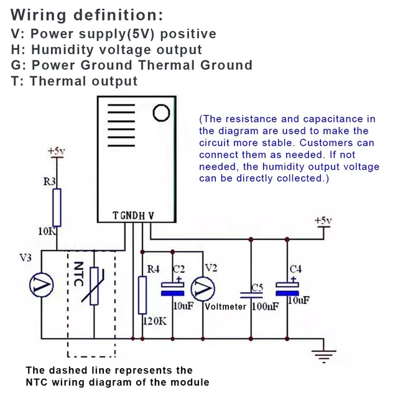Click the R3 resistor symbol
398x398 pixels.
click(x=57, y=207)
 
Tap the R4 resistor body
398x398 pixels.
click(x=142, y=295)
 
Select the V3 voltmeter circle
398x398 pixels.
click(x=42, y=285)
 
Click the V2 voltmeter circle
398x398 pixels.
click(x=203, y=289)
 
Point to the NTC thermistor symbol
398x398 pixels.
click(x=94, y=286)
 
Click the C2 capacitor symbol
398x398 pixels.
click(x=173, y=289)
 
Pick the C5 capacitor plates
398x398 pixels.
click(x=251, y=295)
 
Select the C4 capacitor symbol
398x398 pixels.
click(x=287, y=288)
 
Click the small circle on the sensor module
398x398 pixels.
click(x=161, y=113)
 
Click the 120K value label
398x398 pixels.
click(x=155, y=322)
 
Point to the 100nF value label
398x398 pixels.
click(x=266, y=307)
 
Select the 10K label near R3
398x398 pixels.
click(x=47, y=231)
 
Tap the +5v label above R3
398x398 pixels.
click(x=57, y=151)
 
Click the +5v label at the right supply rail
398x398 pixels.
click(x=323, y=220)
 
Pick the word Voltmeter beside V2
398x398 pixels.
click(x=225, y=307)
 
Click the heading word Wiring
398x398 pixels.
click(x=39, y=15)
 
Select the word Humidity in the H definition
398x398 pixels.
click(x=62, y=50)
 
